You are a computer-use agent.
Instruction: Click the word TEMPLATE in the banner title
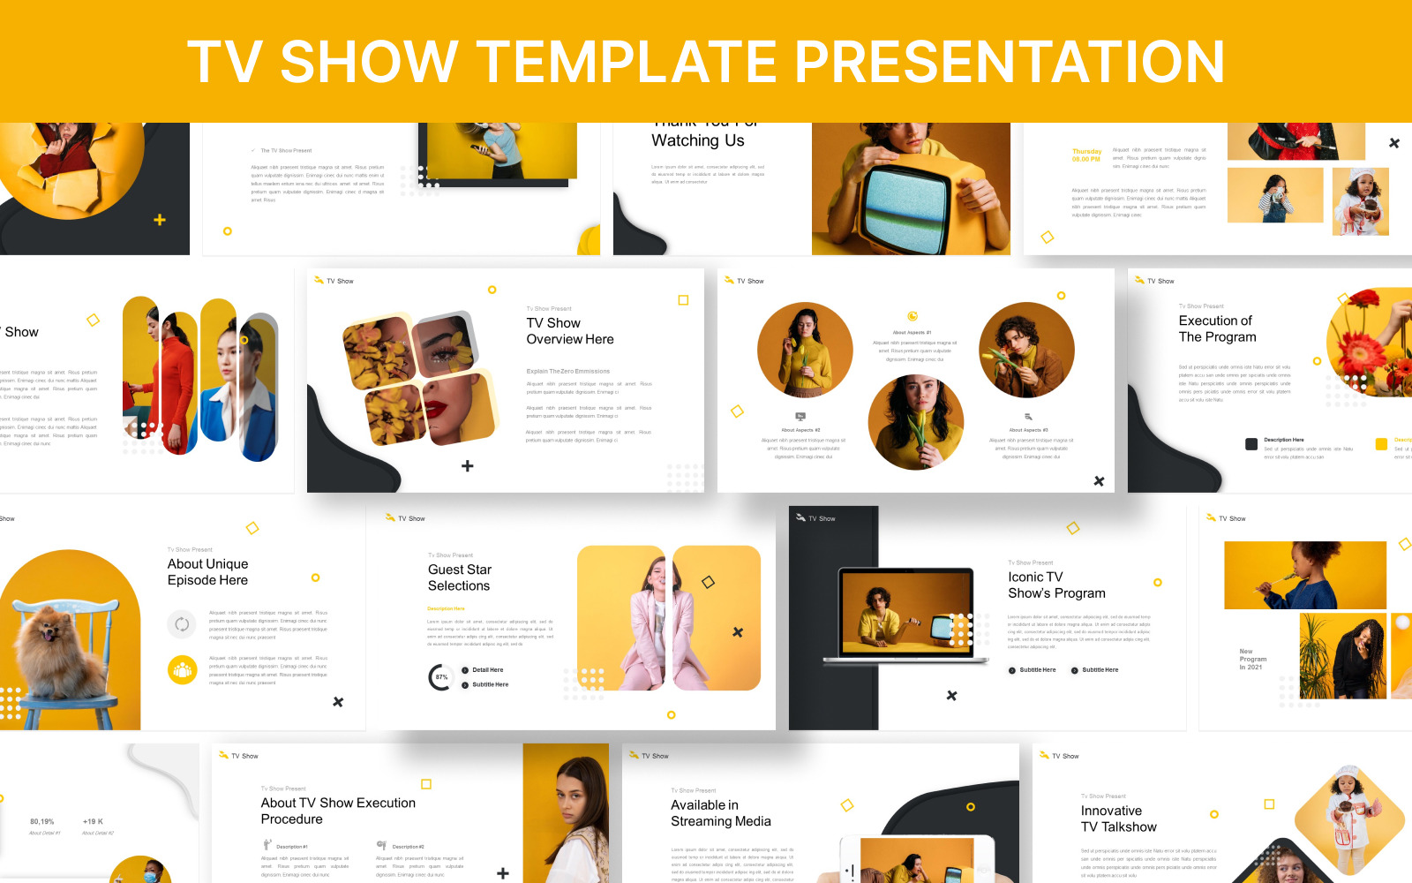pos(627,61)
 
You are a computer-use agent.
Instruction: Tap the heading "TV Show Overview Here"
pos(570,331)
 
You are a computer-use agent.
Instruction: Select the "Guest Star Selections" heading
pos(459,577)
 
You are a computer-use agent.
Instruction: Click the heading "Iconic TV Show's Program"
pos(1056,585)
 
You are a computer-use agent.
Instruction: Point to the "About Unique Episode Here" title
pos(207,572)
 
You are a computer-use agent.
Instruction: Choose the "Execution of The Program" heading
pos(1217,328)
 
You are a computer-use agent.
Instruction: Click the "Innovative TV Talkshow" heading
pos(1118,819)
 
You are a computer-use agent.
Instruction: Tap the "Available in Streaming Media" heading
pos(720,812)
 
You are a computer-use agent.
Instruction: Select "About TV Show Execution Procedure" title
pos(338,811)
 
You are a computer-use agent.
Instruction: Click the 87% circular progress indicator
pos(441,677)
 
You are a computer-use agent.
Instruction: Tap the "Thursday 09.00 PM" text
pos(1086,155)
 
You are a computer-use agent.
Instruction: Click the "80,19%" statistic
pos(42,821)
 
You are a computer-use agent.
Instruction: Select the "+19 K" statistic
pos(93,821)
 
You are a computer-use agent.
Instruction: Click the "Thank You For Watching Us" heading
pos(697,138)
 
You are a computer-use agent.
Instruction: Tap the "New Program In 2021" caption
pos(1252,659)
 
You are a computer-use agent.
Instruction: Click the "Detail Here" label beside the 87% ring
pos(487,670)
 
